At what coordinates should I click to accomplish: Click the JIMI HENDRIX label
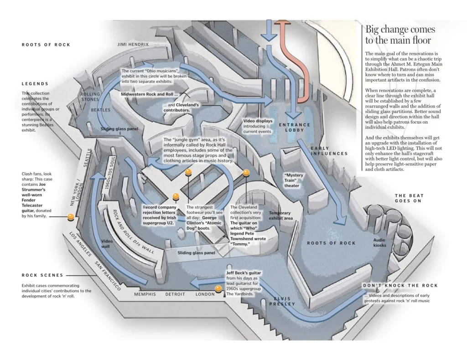pos(133,45)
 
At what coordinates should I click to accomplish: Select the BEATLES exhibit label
pos(100,110)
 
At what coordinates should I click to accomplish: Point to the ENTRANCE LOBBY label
pos(294,128)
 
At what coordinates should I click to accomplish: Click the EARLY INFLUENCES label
pos(329,151)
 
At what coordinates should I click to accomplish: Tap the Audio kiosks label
pos(379,242)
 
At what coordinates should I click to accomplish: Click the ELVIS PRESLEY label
pos(282,301)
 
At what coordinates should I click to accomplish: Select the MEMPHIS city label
pos(145,294)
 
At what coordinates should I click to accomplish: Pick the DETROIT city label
pos(175,294)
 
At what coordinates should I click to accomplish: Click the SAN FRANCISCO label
pos(108,276)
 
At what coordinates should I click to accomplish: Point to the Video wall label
pos(106,244)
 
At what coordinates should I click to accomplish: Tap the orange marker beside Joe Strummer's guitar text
pos(71,216)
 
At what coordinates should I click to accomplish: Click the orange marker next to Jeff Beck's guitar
pos(218,289)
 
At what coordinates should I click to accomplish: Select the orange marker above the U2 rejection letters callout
pos(176,196)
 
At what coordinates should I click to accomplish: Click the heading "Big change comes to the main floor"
pos(400,35)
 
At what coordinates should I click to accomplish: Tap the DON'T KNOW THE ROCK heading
pos(400,286)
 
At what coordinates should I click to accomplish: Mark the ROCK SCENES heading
pos(42,275)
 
